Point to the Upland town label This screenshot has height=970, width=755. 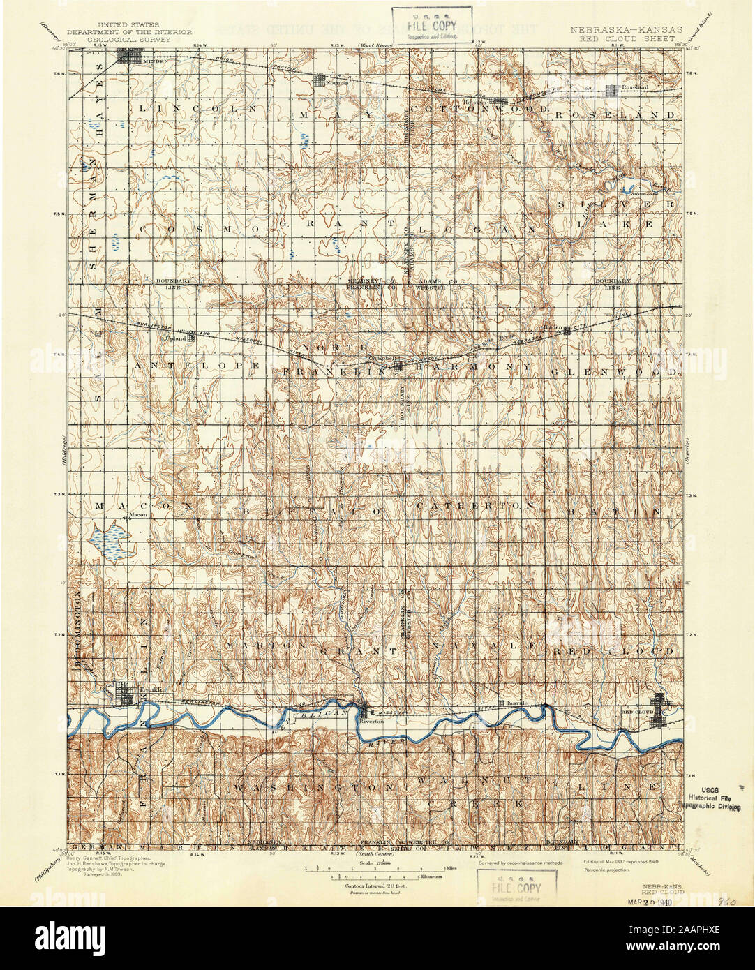[173, 338]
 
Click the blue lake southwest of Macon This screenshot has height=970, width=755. [111, 542]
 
